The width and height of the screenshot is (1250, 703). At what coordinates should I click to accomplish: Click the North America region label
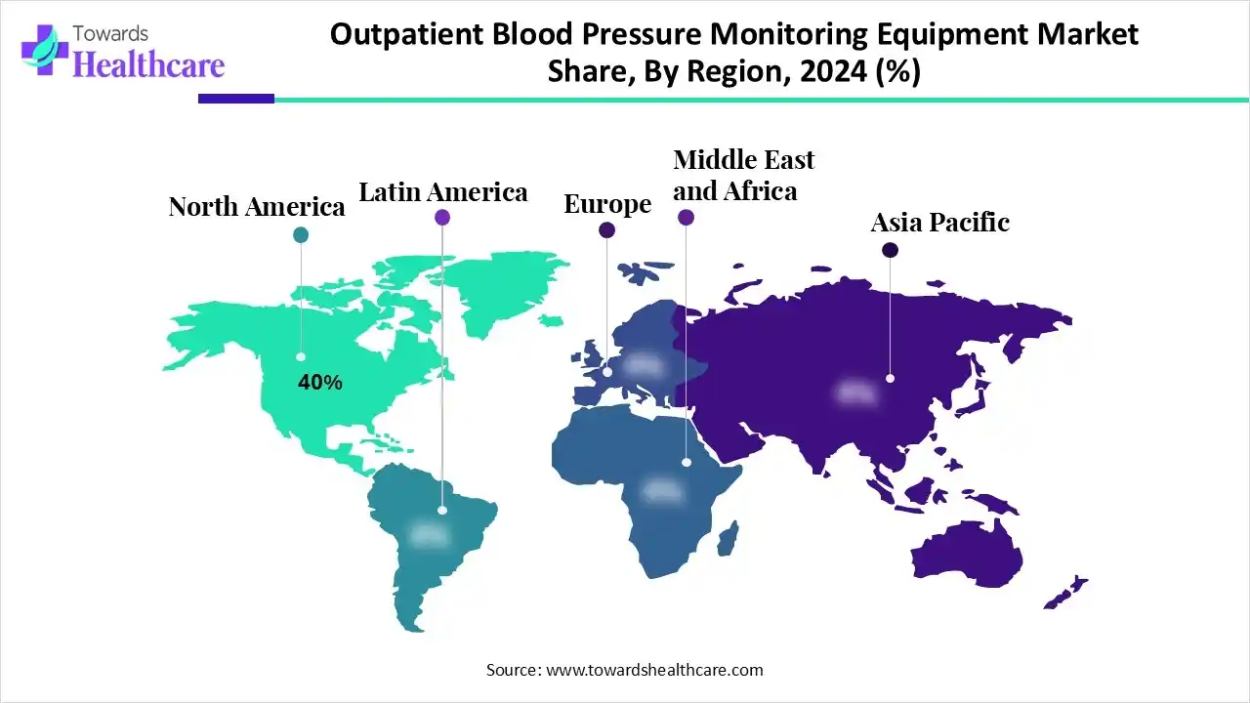click(x=256, y=207)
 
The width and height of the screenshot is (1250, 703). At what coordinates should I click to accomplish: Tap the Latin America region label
click(x=443, y=192)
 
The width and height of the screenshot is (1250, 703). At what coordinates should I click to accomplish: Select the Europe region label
click(x=607, y=204)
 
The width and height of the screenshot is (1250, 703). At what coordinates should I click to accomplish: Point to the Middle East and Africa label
click(x=743, y=175)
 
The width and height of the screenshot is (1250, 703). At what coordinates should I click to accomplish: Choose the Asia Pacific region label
click(x=939, y=223)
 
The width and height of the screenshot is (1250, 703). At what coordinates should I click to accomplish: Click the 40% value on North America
click(x=320, y=383)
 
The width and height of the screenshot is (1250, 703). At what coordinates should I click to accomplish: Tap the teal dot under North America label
click(x=301, y=234)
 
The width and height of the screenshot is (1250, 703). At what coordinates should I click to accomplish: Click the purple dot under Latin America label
click(x=442, y=218)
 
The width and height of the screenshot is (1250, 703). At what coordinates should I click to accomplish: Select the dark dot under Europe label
click(x=606, y=230)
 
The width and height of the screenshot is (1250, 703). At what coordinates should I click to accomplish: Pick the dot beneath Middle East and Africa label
click(x=686, y=219)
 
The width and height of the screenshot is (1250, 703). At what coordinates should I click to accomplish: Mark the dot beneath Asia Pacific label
click(x=890, y=250)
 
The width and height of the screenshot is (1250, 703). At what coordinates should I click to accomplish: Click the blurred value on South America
click(x=430, y=534)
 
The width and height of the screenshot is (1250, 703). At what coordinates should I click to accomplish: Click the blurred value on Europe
click(x=644, y=366)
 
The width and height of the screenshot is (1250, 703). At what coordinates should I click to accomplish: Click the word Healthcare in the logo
click(x=148, y=64)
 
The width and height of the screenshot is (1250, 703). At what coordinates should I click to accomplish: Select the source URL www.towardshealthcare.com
click(x=652, y=670)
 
